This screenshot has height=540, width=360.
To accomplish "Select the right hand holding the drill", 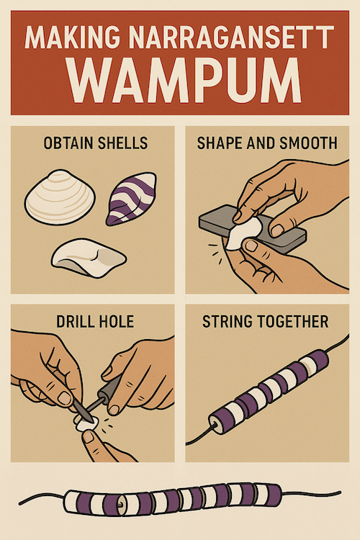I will tap(140, 378).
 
